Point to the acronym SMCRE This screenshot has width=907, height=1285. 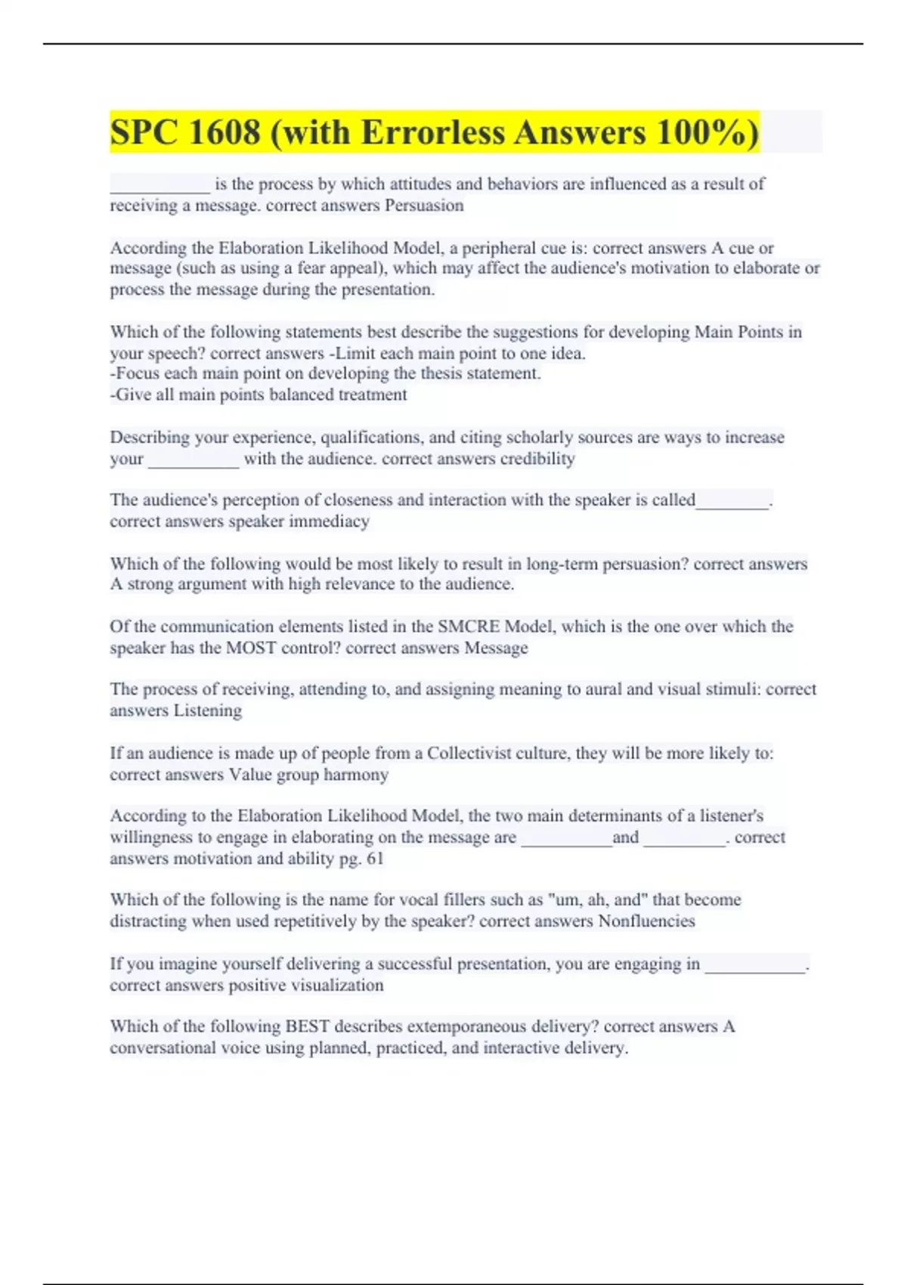coord(468,627)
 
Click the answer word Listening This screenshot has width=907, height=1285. coord(208,711)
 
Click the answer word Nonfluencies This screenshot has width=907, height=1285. coord(646,921)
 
